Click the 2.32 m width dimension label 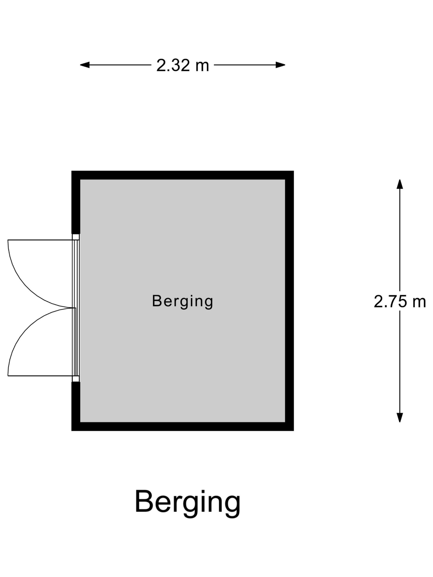pos(182,65)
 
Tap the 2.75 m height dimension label pos(400,302)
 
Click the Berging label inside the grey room pos(182,301)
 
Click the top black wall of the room pos(182,175)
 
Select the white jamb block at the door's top pos(76,237)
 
